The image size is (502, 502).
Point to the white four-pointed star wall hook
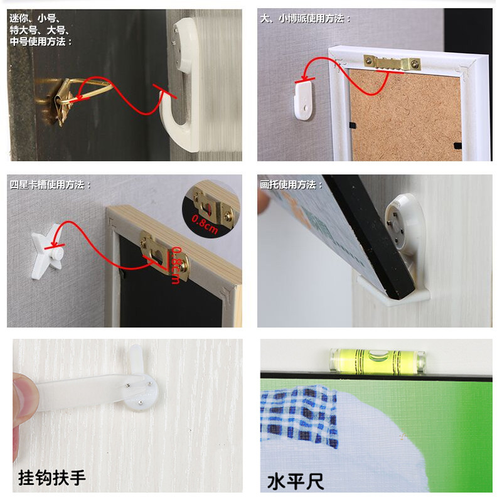point(48,252)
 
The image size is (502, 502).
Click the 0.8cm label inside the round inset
point(205,224)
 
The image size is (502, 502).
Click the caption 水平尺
point(295,482)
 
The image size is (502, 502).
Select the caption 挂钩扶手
point(52,478)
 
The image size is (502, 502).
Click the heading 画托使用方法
point(289,184)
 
